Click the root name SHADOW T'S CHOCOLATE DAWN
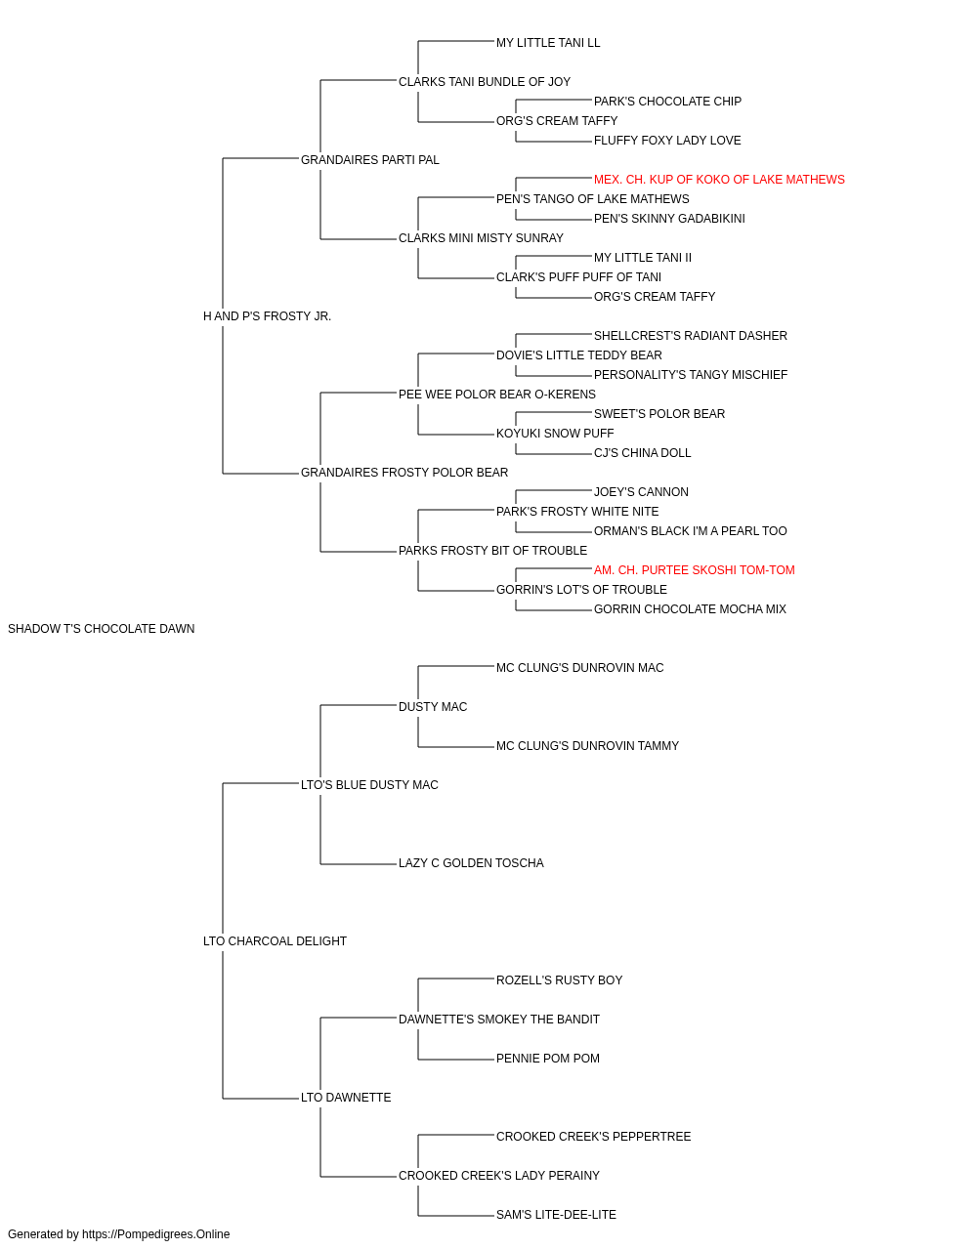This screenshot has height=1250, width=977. point(102,629)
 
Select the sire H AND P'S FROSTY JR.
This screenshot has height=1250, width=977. point(267,316)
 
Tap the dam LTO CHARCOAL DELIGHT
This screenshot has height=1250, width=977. point(275,941)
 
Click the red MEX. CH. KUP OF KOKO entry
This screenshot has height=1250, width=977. point(719,180)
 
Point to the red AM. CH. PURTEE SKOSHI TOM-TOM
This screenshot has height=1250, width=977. point(694,570)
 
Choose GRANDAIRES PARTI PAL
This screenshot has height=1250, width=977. point(370,160)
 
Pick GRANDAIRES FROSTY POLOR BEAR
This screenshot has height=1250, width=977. point(404,473)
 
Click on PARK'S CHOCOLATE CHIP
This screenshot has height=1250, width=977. point(667,102)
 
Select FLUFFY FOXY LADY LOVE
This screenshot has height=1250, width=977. point(667,141)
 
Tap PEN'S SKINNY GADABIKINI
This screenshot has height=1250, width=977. point(669,219)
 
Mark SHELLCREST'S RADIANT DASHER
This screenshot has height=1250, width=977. point(691,335)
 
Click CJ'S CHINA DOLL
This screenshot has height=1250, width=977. point(642,453)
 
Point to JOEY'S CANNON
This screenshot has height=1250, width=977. point(641,492)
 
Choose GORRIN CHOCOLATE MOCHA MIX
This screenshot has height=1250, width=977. point(690,609)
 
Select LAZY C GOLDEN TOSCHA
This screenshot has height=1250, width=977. point(471,863)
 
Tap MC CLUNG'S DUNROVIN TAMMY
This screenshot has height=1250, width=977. point(587,746)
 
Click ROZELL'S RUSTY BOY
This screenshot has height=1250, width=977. point(559,980)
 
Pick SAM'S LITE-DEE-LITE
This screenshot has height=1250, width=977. point(556,1214)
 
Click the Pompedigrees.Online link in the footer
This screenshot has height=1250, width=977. point(156,1234)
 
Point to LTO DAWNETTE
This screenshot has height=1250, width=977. point(346,1098)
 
